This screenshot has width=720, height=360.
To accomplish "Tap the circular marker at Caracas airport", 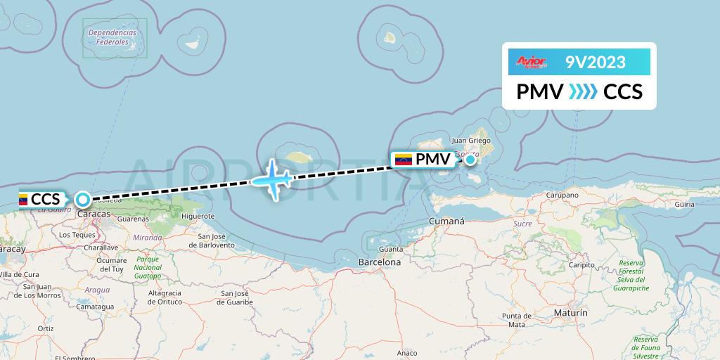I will [x=83, y=199].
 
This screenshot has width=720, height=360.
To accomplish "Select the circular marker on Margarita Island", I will [x=470, y=160].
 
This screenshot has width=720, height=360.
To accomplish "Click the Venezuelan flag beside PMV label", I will [x=404, y=160].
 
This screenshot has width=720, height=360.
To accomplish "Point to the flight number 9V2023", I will [x=595, y=63].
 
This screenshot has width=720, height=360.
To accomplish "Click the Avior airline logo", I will [x=532, y=63].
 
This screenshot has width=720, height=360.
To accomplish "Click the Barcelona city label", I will [x=379, y=262].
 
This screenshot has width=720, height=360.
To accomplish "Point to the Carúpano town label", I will [x=560, y=195].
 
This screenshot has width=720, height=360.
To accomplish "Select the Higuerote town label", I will [x=198, y=217].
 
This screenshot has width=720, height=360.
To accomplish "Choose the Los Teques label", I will [x=77, y=234].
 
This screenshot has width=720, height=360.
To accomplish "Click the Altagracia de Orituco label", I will [x=166, y=297].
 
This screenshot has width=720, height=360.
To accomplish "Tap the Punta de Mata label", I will [x=514, y=320].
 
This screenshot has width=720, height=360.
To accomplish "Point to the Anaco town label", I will [x=407, y=353].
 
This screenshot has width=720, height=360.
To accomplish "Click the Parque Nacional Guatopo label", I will [x=148, y=268].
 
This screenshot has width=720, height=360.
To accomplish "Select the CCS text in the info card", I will [x=623, y=91].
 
